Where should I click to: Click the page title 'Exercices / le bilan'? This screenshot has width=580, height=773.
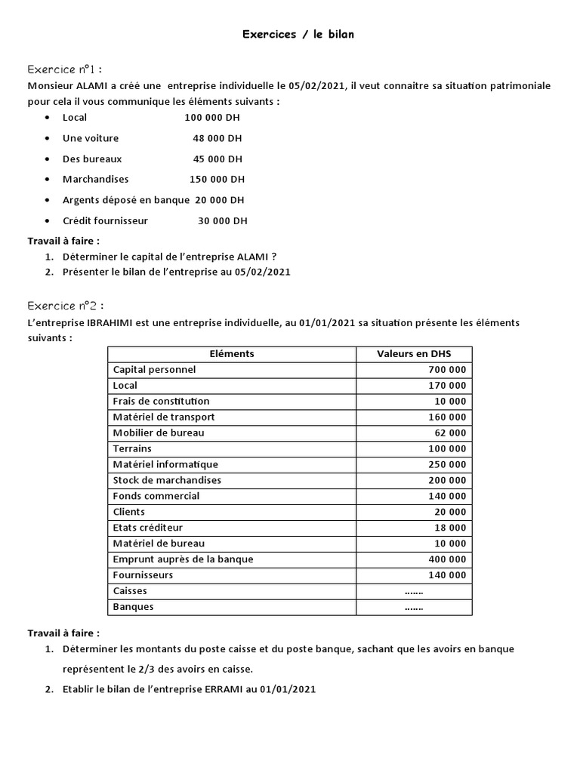298,34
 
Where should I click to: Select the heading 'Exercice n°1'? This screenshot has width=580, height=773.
64,69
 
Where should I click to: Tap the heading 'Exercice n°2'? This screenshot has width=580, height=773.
65,306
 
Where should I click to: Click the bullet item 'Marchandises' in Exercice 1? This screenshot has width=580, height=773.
96,180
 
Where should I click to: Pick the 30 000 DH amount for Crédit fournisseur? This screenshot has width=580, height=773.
222,221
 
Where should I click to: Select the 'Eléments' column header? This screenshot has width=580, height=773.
231,354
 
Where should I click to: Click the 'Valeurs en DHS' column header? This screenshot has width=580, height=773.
413,354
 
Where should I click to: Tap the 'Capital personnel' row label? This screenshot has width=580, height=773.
154,370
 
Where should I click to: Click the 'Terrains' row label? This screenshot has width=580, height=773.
132,448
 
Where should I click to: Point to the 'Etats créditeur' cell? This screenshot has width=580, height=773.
148,528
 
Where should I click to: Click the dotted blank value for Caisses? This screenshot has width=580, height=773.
414,591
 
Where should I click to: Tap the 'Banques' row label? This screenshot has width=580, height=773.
133,607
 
